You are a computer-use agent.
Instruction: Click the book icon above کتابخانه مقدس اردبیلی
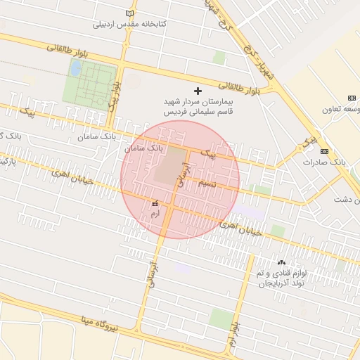click(x=128, y=13)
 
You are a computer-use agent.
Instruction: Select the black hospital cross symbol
click(x=198, y=91)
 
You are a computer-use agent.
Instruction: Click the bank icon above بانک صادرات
click(x=323, y=151)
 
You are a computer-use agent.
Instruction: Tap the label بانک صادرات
click(x=326, y=162)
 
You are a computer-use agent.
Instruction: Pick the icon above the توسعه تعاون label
click(x=352, y=98)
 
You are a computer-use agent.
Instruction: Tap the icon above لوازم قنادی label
click(x=282, y=262)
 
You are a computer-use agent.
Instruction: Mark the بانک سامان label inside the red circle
click(x=144, y=148)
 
